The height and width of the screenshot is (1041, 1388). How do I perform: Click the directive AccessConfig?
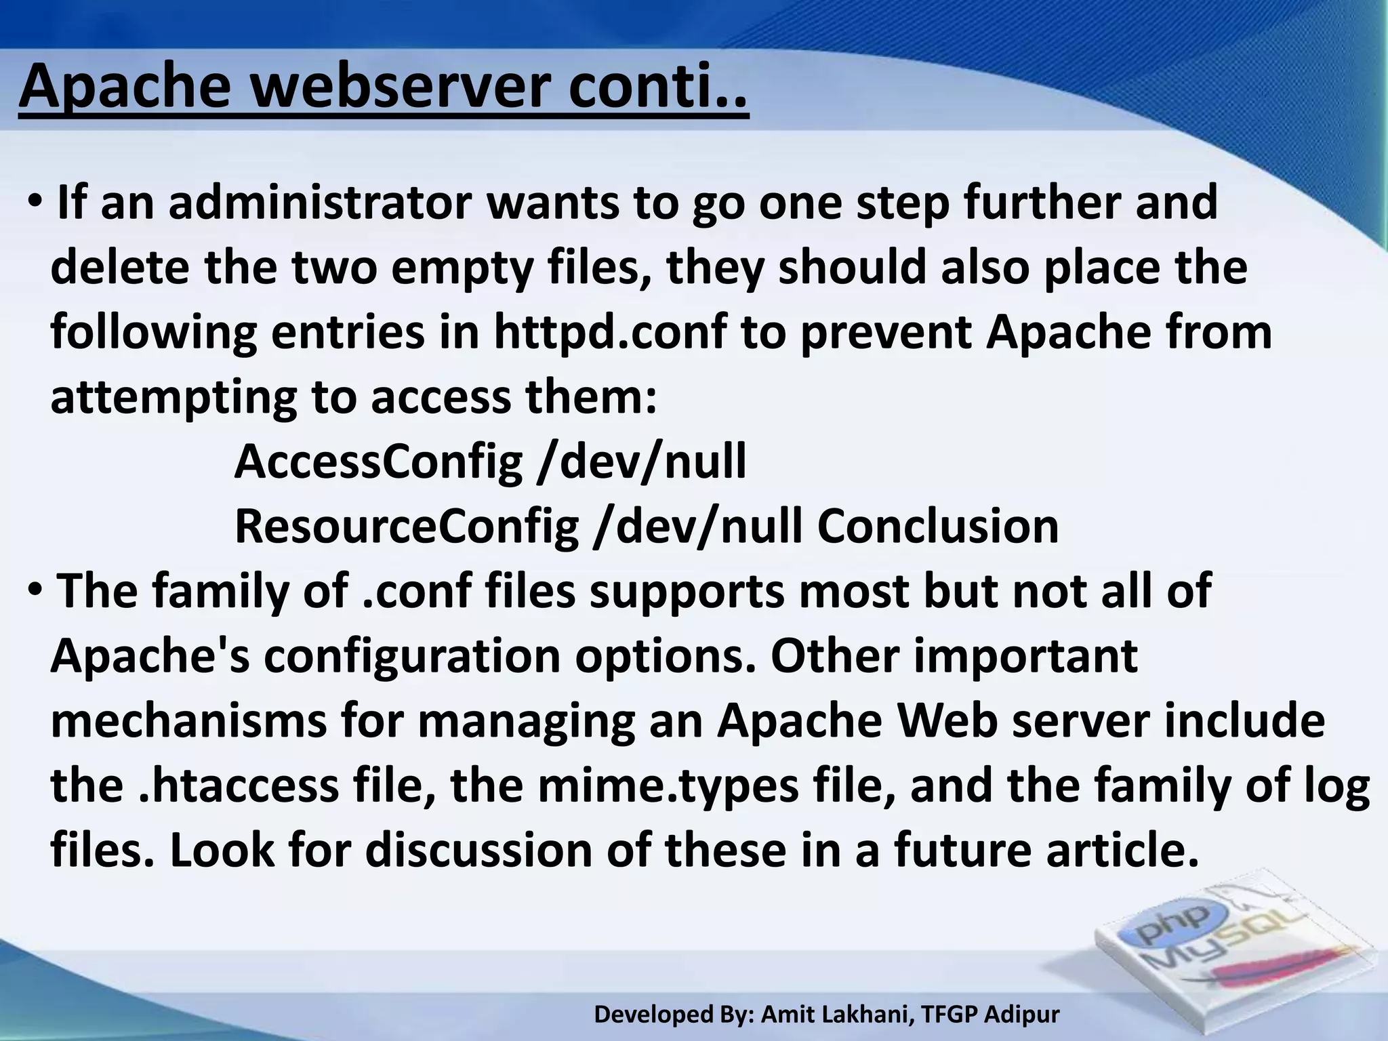(378, 462)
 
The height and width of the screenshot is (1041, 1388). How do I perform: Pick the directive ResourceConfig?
(407, 527)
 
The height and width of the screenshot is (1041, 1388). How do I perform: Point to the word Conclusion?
(937, 527)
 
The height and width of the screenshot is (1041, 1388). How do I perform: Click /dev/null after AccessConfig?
(641, 462)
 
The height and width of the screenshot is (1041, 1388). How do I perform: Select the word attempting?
(173, 398)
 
